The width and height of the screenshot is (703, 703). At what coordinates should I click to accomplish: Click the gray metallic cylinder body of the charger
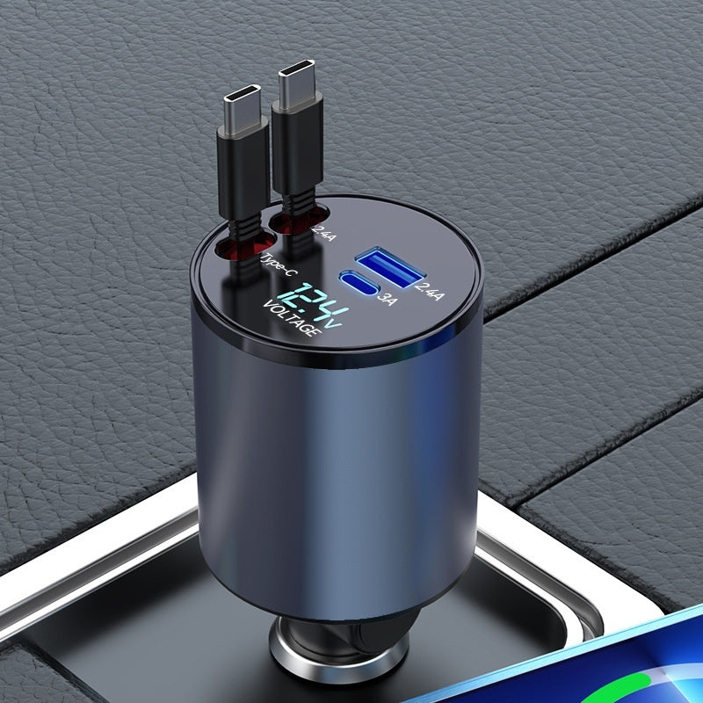tap(334, 457)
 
